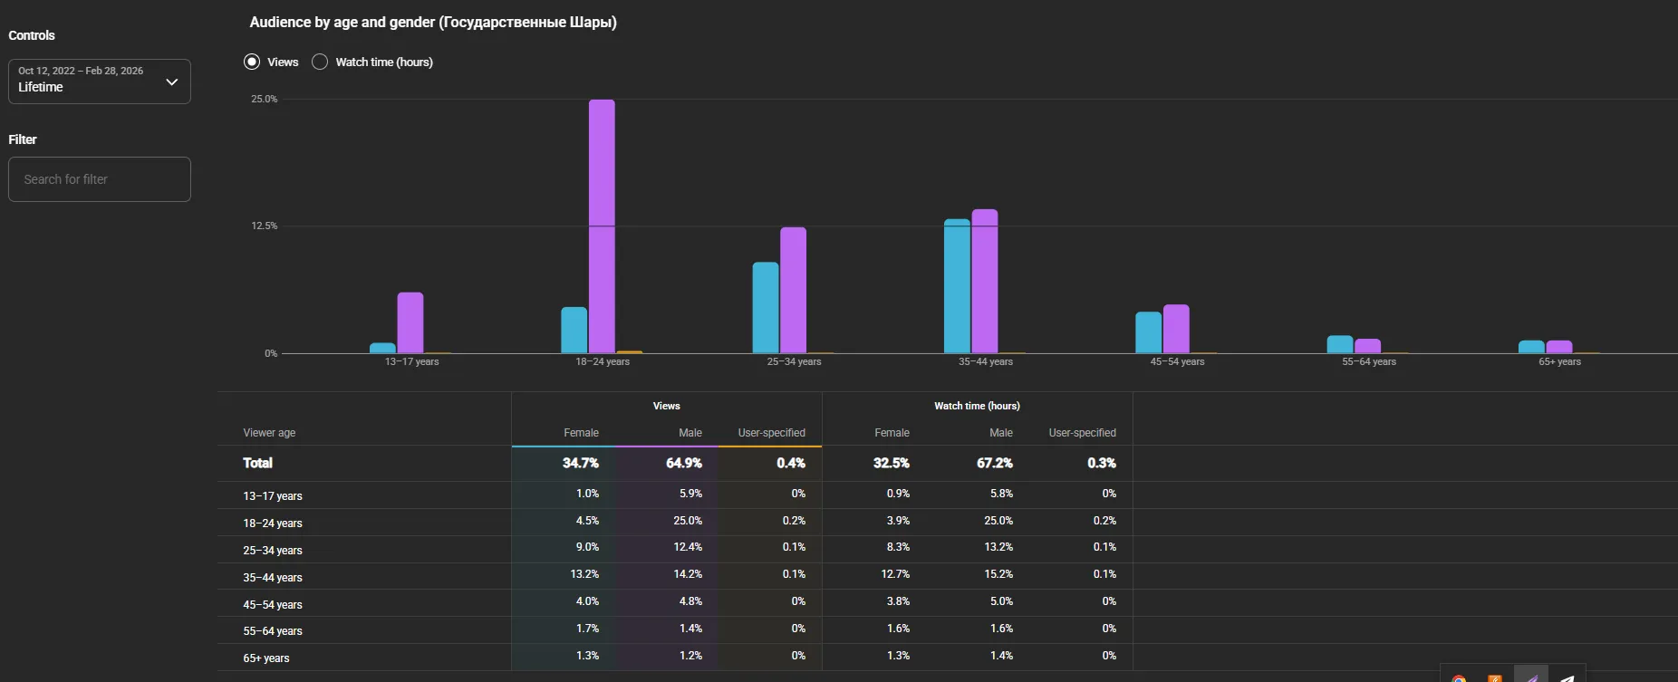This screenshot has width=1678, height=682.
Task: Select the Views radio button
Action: (x=252, y=62)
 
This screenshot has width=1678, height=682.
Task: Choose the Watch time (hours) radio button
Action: (x=320, y=62)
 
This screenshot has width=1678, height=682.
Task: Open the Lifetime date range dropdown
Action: (x=100, y=82)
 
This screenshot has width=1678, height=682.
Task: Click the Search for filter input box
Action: (x=100, y=179)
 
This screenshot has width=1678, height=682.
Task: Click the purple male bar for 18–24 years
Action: (x=602, y=226)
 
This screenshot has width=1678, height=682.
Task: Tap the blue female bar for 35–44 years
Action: (x=957, y=286)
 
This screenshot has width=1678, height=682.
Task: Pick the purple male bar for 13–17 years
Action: (x=410, y=322)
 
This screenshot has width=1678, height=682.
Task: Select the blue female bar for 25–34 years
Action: (x=766, y=308)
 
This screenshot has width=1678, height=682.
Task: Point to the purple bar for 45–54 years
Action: (x=1176, y=329)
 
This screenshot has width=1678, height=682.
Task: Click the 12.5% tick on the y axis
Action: (x=265, y=226)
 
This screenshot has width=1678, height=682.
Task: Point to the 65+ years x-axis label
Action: (x=1559, y=361)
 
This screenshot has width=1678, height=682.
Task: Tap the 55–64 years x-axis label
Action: (x=1369, y=361)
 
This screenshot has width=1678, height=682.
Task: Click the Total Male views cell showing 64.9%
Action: (x=684, y=463)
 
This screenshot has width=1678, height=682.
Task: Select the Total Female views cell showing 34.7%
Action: (x=581, y=463)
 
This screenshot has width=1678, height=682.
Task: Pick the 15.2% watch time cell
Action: (x=998, y=574)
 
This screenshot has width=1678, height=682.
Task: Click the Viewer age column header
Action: (x=269, y=433)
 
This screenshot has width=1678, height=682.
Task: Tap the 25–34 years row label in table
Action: (x=273, y=550)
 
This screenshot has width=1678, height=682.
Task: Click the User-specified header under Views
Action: (x=772, y=433)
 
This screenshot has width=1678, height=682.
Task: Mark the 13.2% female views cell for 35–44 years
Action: (x=584, y=574)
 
